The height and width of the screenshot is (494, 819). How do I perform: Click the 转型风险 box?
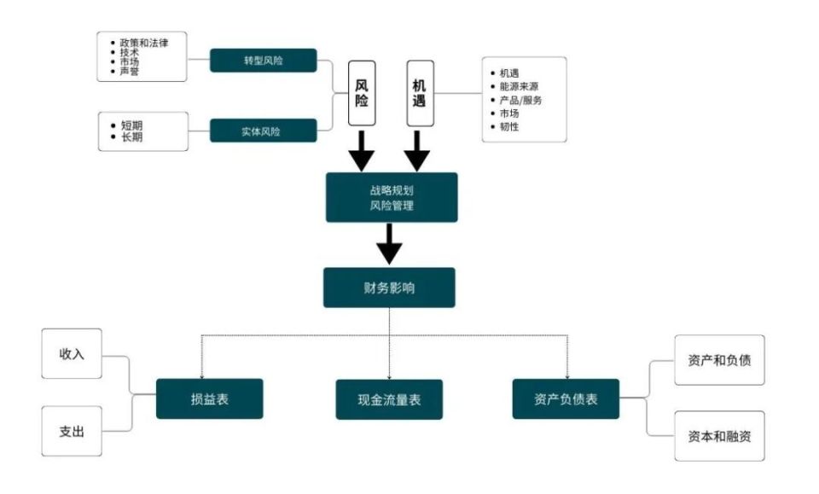(264, 61)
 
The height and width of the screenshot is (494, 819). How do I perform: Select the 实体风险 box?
(264, 131)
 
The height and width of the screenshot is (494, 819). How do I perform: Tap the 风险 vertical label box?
(362, 93)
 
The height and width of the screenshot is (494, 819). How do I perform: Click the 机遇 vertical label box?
(418, 93)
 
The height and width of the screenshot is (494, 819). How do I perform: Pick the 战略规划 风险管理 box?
(392, 197)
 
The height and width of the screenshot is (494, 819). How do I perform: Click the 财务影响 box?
(389, 288)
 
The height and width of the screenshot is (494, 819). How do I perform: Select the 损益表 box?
(209, 398)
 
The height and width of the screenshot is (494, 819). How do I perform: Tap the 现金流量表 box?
(389, 399)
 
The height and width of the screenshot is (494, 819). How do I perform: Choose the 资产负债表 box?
(566, 398)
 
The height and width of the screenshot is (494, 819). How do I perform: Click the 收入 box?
(72, 353)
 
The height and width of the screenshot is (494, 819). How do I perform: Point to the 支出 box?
(72, 431)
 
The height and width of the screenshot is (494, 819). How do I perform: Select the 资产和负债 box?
(719, 359)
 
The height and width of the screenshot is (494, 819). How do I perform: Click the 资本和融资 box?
(719, 435)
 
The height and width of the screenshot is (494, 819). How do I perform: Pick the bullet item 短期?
(132, 125)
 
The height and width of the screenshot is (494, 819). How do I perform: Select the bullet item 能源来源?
(519, 86)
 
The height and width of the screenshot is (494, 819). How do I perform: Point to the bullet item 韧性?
(508, 126)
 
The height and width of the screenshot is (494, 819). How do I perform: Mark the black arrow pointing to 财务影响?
(389, 245)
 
